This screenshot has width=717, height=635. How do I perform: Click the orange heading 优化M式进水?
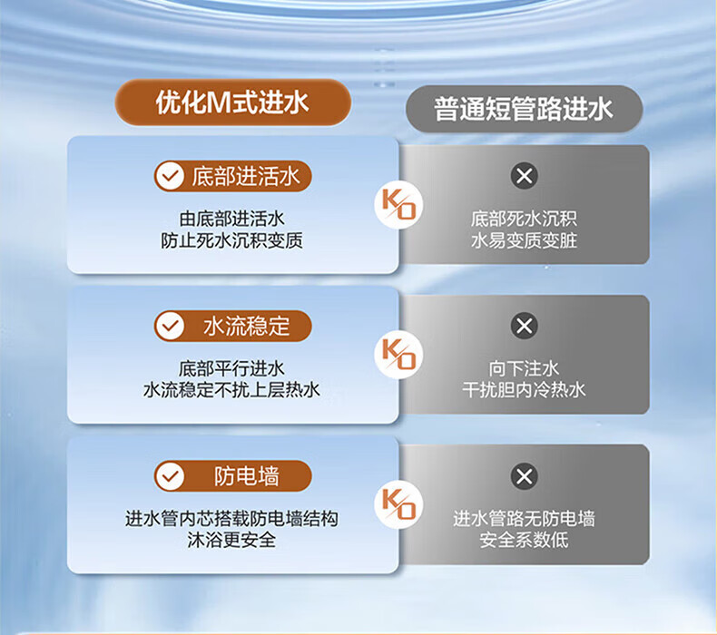(x=232, y=102)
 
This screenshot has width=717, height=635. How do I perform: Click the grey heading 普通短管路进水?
(x=524, y=109)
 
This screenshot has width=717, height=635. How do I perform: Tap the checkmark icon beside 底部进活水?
(x=170, y=176)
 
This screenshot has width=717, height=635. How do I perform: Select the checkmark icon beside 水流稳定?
(x=170, y=326)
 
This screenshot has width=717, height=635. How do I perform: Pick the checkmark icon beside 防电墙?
(x=170, y=476)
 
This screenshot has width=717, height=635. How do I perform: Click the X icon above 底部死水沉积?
(x=524, y=176)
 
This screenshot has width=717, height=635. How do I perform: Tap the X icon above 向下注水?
(x=524, y=326)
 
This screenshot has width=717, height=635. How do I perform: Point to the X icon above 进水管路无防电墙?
(x=524, y=476)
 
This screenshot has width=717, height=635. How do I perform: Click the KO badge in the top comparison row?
(x=398, y=205)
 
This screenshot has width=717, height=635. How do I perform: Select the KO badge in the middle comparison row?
(x=398, y=355)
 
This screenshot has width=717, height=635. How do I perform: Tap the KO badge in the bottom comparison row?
(x=398, y=504)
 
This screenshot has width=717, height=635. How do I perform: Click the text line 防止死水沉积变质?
(x=231, y=240)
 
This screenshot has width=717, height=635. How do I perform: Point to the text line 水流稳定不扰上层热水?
(x=231, y=390)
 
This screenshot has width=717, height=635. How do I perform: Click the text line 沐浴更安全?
(x=231, y=540)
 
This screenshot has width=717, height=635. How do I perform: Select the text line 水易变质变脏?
(x=524, y=240)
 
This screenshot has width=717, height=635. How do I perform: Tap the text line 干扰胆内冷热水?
(x=524, y=390)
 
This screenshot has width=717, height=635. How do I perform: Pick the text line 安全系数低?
(x=524, y=540)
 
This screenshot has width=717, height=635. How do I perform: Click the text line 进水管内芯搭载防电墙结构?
(x=231, y=519)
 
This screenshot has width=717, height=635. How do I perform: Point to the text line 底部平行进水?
(x=231, y=368)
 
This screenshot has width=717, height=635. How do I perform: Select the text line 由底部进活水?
(x=231, y=219)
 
